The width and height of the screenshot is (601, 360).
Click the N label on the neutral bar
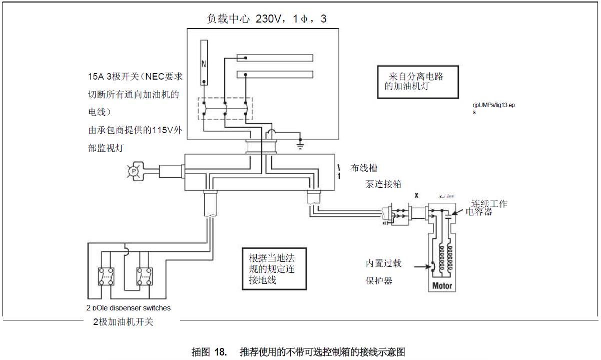(204, 64)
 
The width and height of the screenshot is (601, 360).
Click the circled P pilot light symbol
(133, 171)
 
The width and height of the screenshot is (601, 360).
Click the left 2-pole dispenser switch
(106, 276)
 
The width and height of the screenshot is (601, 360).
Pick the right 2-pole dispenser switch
(144, 276)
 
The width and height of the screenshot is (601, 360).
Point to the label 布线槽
(364, 169)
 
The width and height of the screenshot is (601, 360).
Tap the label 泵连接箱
(383, 184)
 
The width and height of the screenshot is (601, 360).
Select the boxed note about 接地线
(273, 269)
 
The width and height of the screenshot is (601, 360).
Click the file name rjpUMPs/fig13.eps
(493, 106)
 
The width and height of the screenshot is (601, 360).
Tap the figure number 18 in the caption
(221, 351)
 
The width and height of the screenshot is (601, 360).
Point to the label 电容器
(479, 212)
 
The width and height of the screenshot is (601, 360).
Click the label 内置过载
(383, 263)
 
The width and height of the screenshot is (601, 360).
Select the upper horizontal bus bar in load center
(275, 58)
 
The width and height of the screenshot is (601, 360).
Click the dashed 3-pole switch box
(225, 108)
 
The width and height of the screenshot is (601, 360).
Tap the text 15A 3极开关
(110, 77)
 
